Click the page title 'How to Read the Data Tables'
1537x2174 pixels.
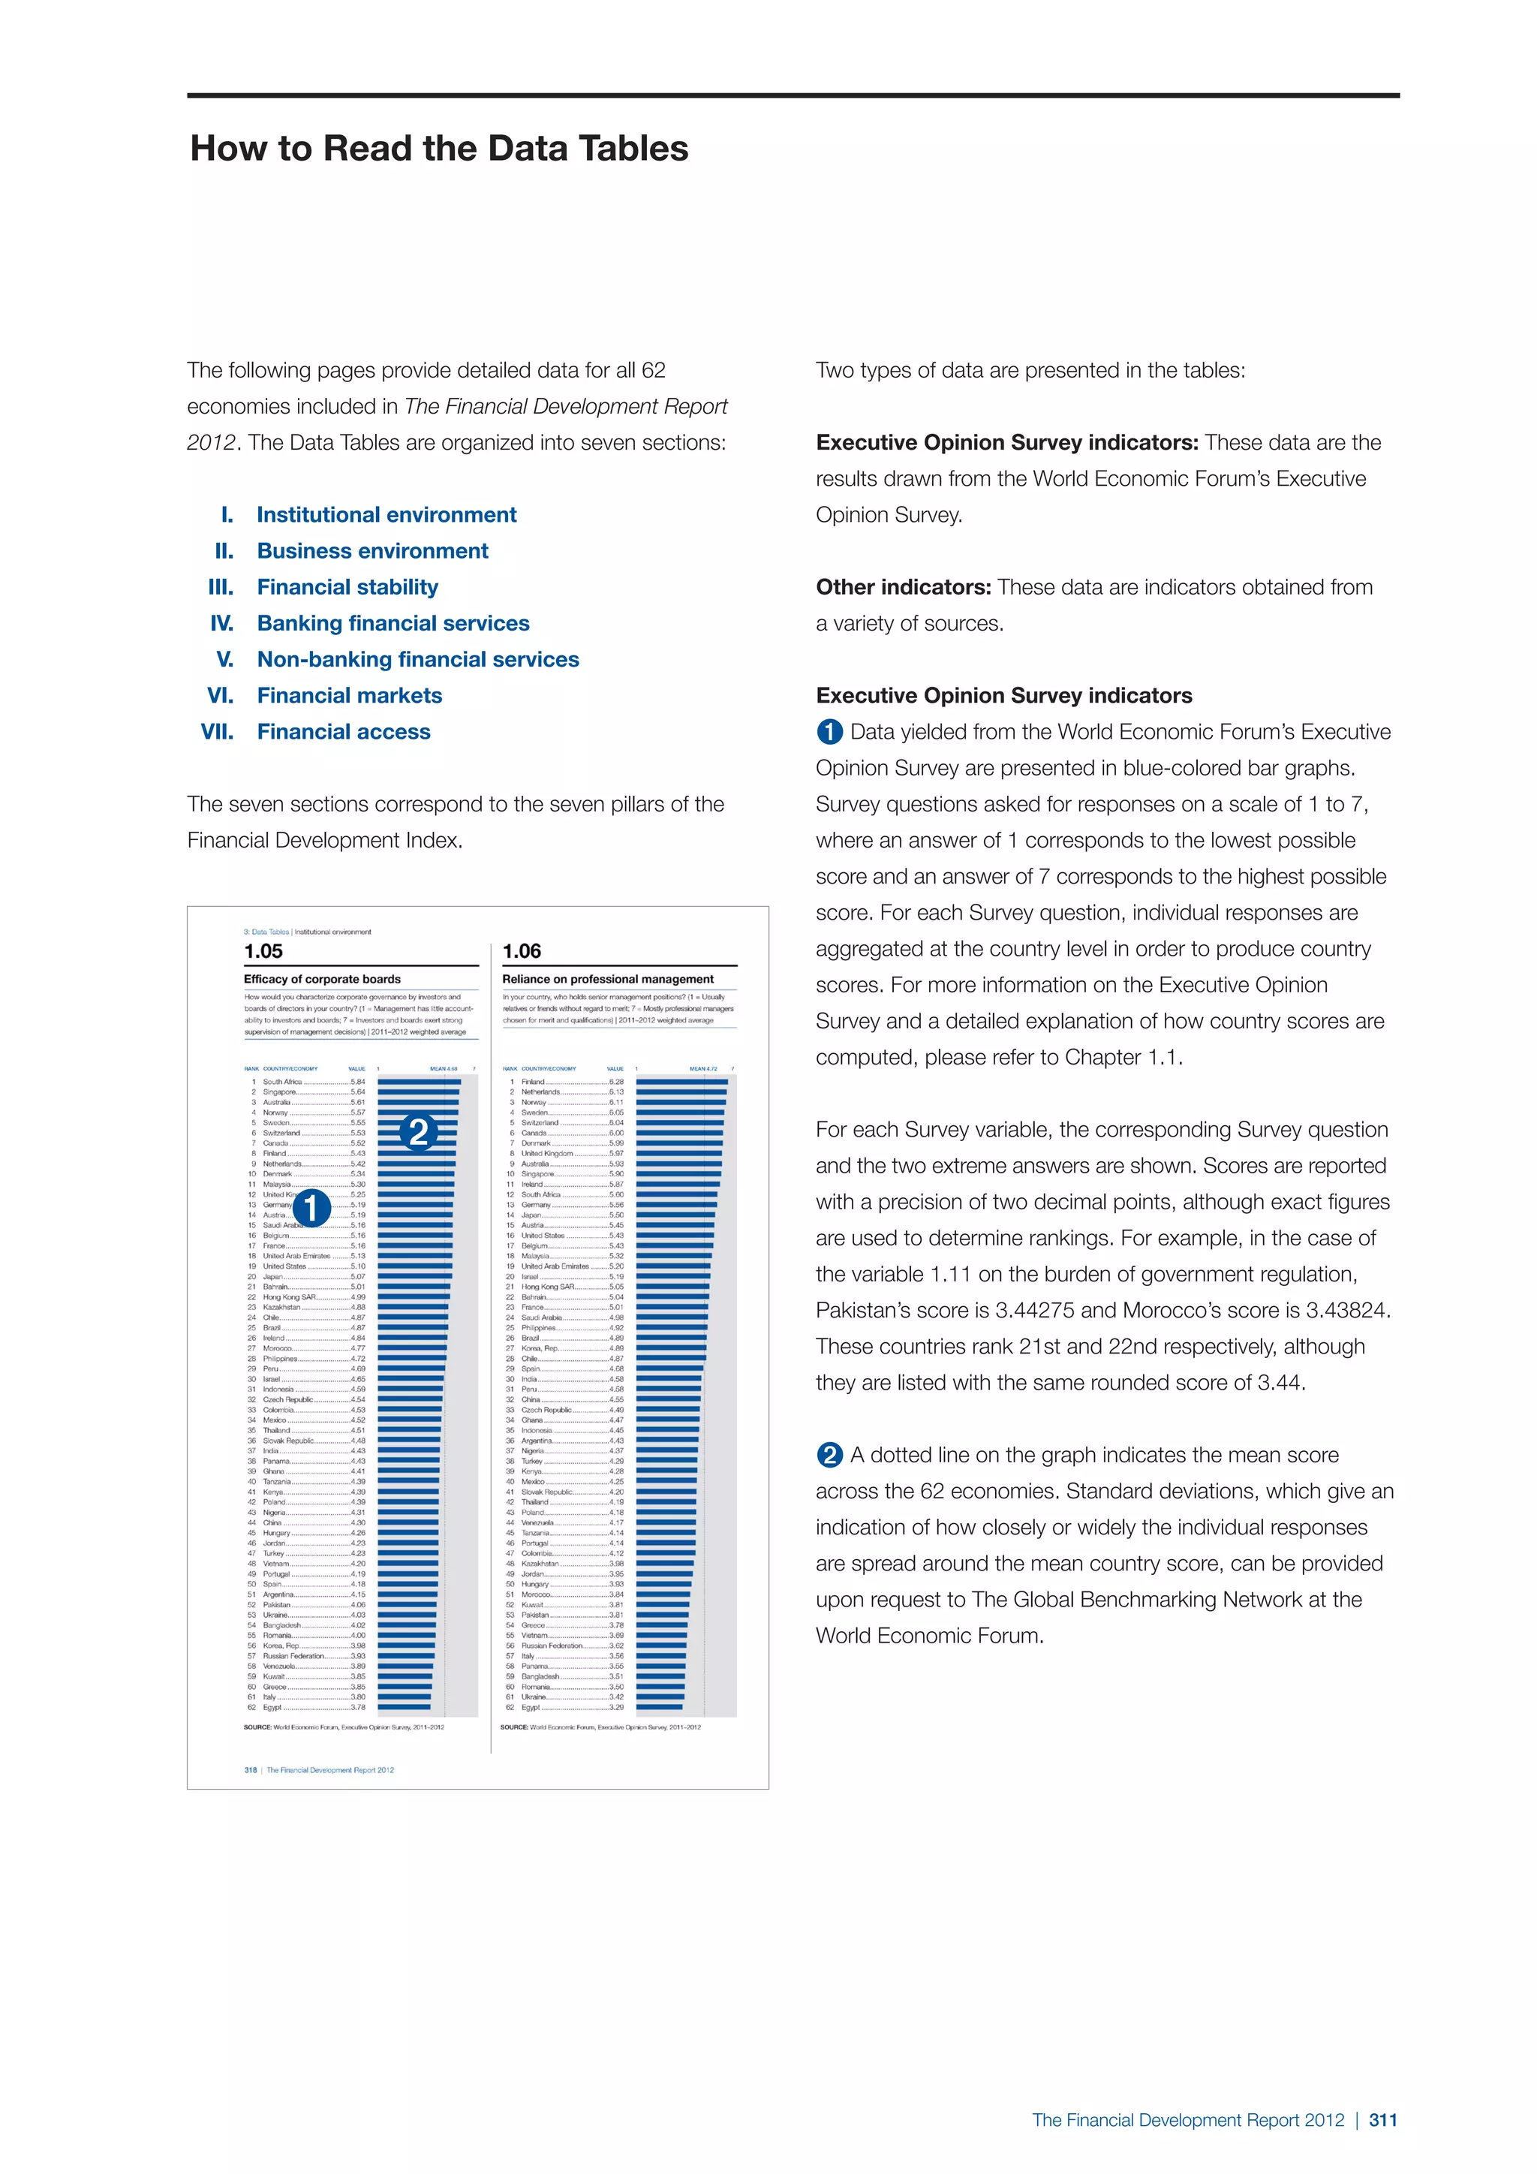tap(439, 149)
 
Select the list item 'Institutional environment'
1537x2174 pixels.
tap(387, 515)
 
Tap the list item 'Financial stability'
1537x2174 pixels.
tap(347, 587)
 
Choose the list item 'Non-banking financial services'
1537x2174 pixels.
tap(417, 660)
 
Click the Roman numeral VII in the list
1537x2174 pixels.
tap(217, 732)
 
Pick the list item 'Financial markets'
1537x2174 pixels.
tap(349, 696)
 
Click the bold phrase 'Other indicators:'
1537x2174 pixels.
tap(903, 587)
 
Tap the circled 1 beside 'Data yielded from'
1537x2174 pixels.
tap(829, 732)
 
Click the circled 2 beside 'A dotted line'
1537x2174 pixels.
tap(829, 1456)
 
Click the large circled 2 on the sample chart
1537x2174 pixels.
tap(418, 1131)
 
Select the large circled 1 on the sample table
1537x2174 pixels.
tap(311, 1208)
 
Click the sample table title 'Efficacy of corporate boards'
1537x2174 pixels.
tap(322, 979)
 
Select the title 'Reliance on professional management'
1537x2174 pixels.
tap(608, 979)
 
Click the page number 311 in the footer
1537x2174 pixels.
tap(1382, 2120)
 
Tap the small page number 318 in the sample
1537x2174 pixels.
tap(250, 1769)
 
